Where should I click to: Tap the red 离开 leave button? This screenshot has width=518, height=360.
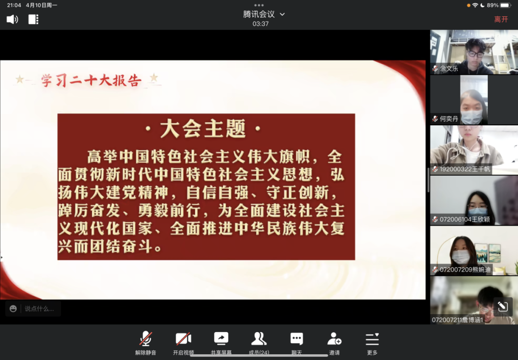[x=501, y=20]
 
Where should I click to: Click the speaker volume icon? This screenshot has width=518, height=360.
[x=12, y=19]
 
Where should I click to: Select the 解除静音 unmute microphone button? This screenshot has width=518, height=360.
[x=145, y=343]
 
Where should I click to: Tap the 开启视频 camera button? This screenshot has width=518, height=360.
[x=183, y=343]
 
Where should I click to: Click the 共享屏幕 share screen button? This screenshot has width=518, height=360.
[x=221, y=343]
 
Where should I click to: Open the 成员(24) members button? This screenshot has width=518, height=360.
[x=259, y=343]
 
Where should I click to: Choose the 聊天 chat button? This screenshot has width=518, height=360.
[x=297, y=343]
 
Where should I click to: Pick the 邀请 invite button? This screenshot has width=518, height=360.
[x=334, y=343]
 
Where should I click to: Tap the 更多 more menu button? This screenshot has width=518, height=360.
[x=372, y=343]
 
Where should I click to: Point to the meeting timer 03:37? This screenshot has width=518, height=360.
[x=260, y=24]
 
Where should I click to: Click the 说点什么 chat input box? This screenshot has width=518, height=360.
[x=33, y=309]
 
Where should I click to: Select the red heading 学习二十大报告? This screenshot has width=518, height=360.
[x=92, y=80]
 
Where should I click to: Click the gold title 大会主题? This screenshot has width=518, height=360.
[x=203, y=129]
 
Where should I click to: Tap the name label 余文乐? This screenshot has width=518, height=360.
[x=448, y=69]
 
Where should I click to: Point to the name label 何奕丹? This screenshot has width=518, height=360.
[x=448, y=119]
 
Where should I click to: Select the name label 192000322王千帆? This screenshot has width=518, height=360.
[x=465, y=169]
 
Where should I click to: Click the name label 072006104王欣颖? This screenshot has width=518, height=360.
[x=465, y=219]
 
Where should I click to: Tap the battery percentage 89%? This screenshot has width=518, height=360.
[x=493, y=5]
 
